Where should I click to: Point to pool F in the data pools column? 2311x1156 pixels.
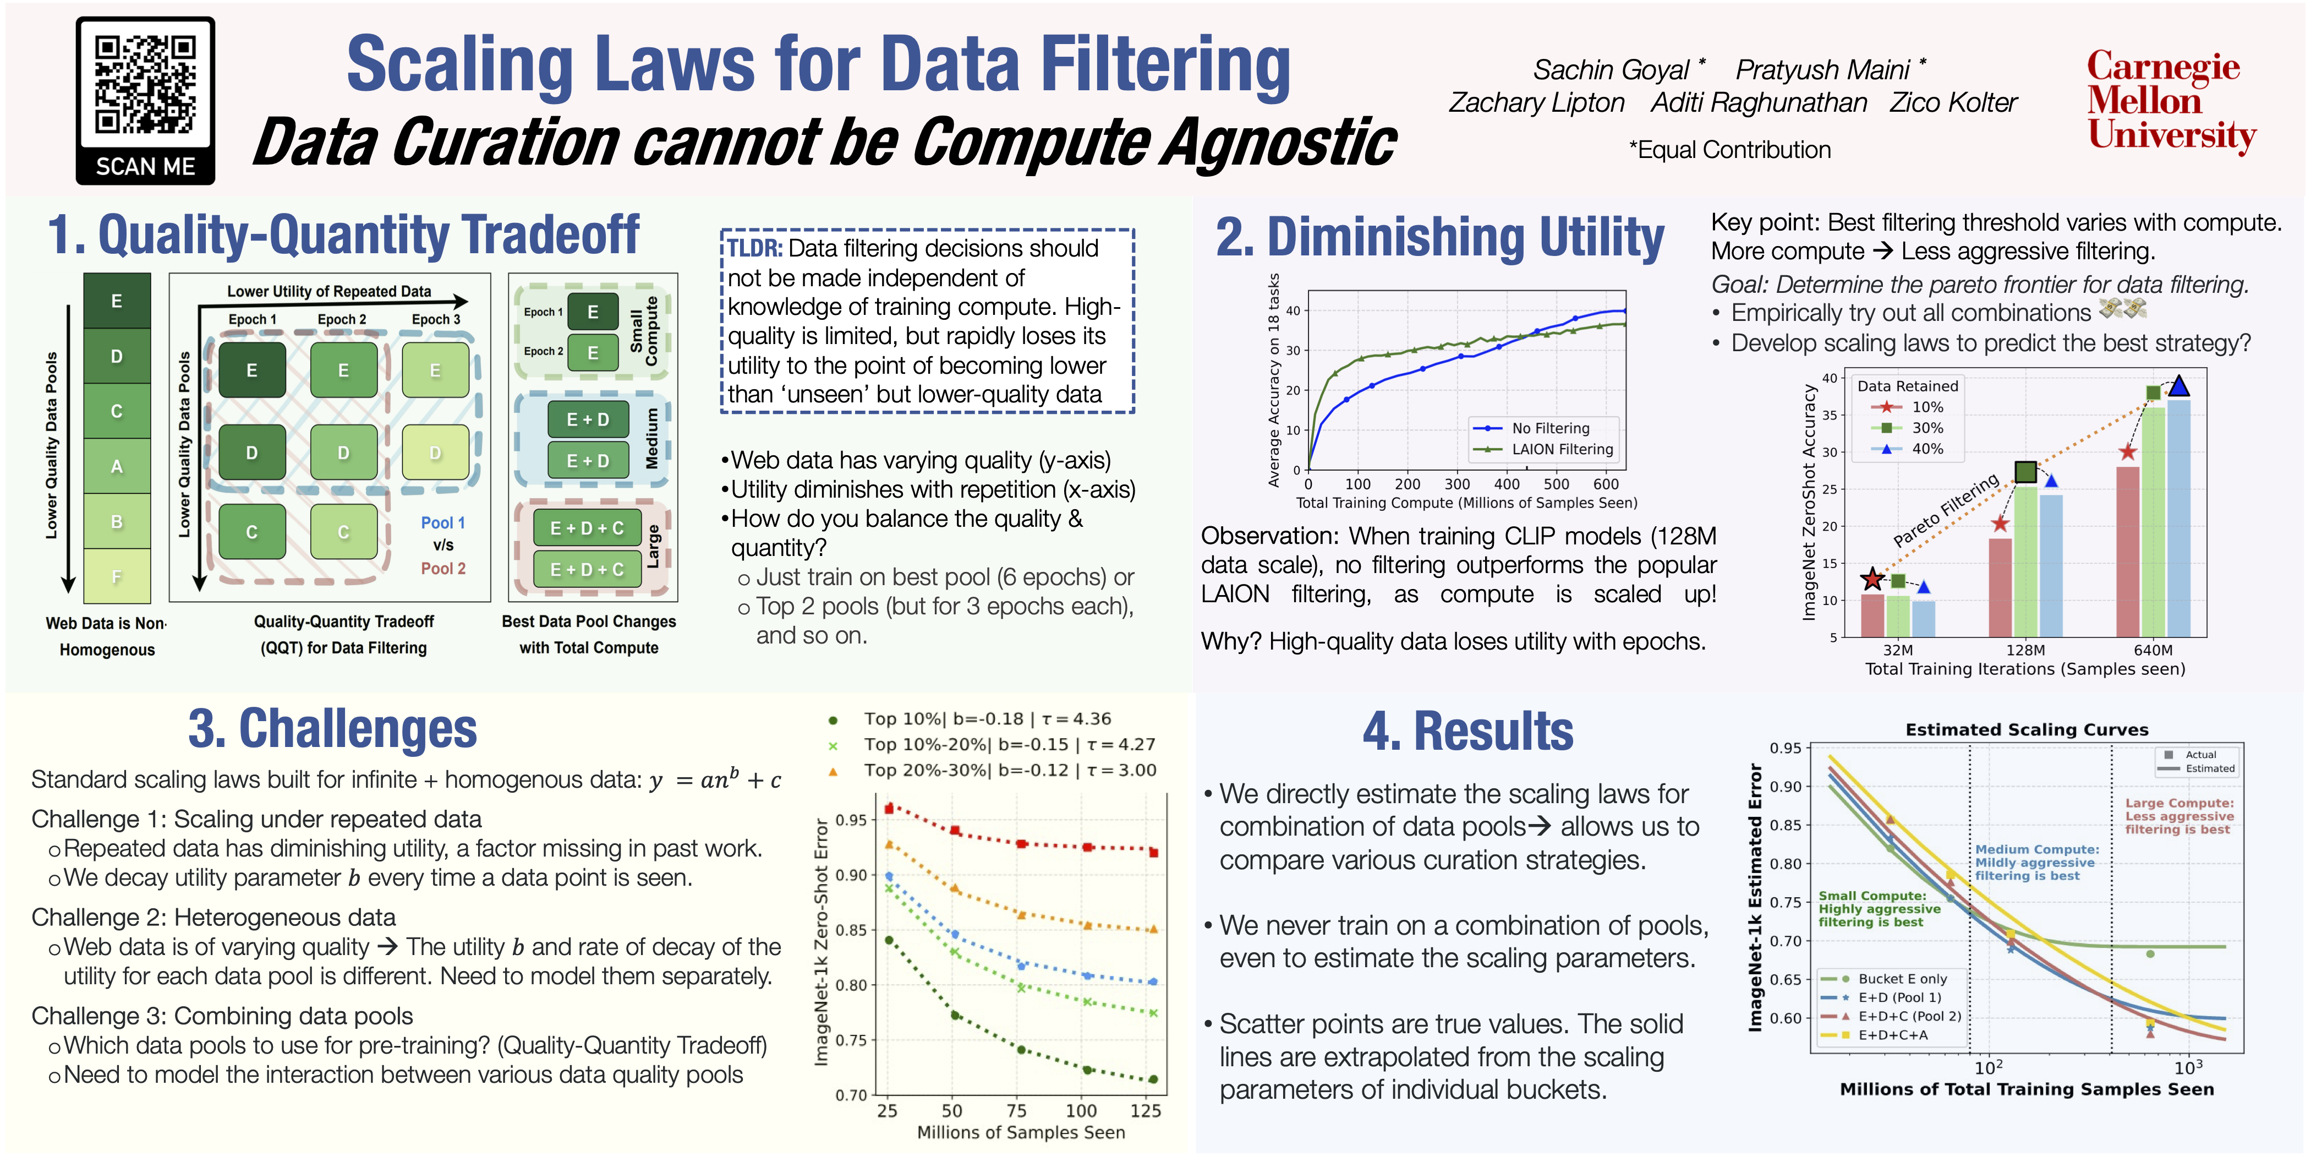(x=117, y=576)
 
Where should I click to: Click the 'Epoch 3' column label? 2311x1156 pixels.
(x=435, y=319)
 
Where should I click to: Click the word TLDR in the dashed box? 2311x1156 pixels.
(x=754, y=249)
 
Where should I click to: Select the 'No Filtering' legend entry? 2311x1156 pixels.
(x=1550, y=429)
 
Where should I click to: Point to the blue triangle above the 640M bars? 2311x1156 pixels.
(x=2178, y=386)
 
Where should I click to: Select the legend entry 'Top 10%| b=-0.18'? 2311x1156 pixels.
(x=987, y=719)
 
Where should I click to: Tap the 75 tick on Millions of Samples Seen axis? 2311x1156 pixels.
(x=1016, y=1111)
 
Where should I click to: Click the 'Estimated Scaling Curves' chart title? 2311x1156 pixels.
(x=2026, y=730)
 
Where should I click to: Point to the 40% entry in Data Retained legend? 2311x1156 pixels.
(x=1927, y=449)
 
